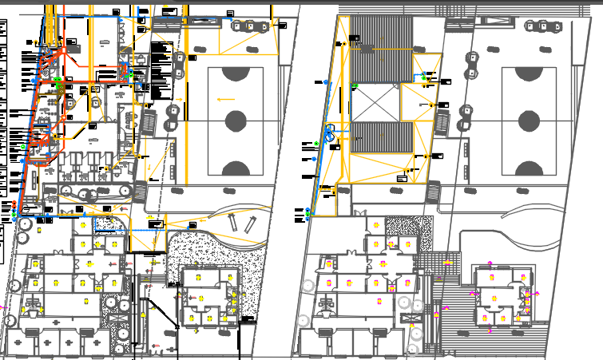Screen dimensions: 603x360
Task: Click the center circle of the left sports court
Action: pos(235,121)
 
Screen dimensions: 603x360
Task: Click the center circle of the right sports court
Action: pos(528,121)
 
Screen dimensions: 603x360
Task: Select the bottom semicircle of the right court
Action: pos(528,168)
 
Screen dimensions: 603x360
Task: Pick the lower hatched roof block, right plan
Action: pos(382,136)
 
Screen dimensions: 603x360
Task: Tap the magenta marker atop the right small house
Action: pos(490,264)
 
